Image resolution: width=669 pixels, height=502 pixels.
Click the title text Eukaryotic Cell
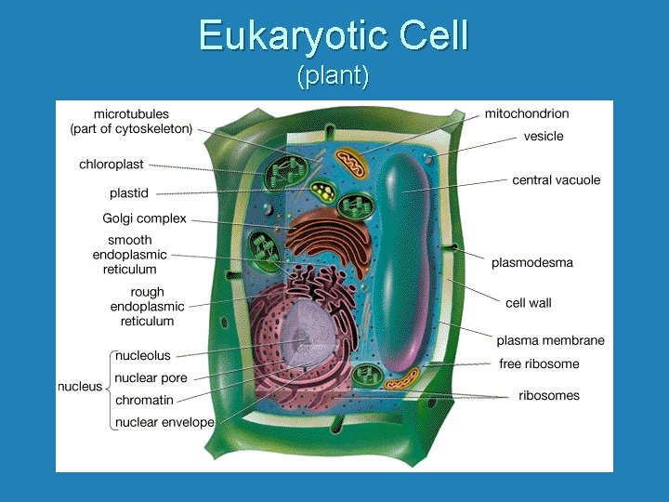333,37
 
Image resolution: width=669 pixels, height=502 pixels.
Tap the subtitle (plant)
333,76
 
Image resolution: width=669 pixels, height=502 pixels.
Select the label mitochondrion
527,114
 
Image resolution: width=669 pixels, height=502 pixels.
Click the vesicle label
544,137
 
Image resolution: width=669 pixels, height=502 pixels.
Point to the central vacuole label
557,180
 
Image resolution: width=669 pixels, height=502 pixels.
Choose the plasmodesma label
532,263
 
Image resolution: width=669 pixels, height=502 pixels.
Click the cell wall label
529,303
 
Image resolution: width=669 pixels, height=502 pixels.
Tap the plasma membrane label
550,341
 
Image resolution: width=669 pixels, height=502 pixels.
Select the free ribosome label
539,364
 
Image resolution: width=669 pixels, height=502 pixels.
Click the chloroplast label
111,165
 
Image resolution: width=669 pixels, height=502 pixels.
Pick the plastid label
128,193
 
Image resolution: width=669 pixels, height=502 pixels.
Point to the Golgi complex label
144,219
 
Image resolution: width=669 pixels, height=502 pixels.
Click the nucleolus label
143,355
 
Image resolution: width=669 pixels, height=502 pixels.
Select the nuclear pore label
151,378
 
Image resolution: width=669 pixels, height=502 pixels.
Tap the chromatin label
144,401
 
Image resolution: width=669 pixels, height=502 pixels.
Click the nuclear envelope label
164,423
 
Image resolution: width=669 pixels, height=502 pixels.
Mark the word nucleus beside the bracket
80,387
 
